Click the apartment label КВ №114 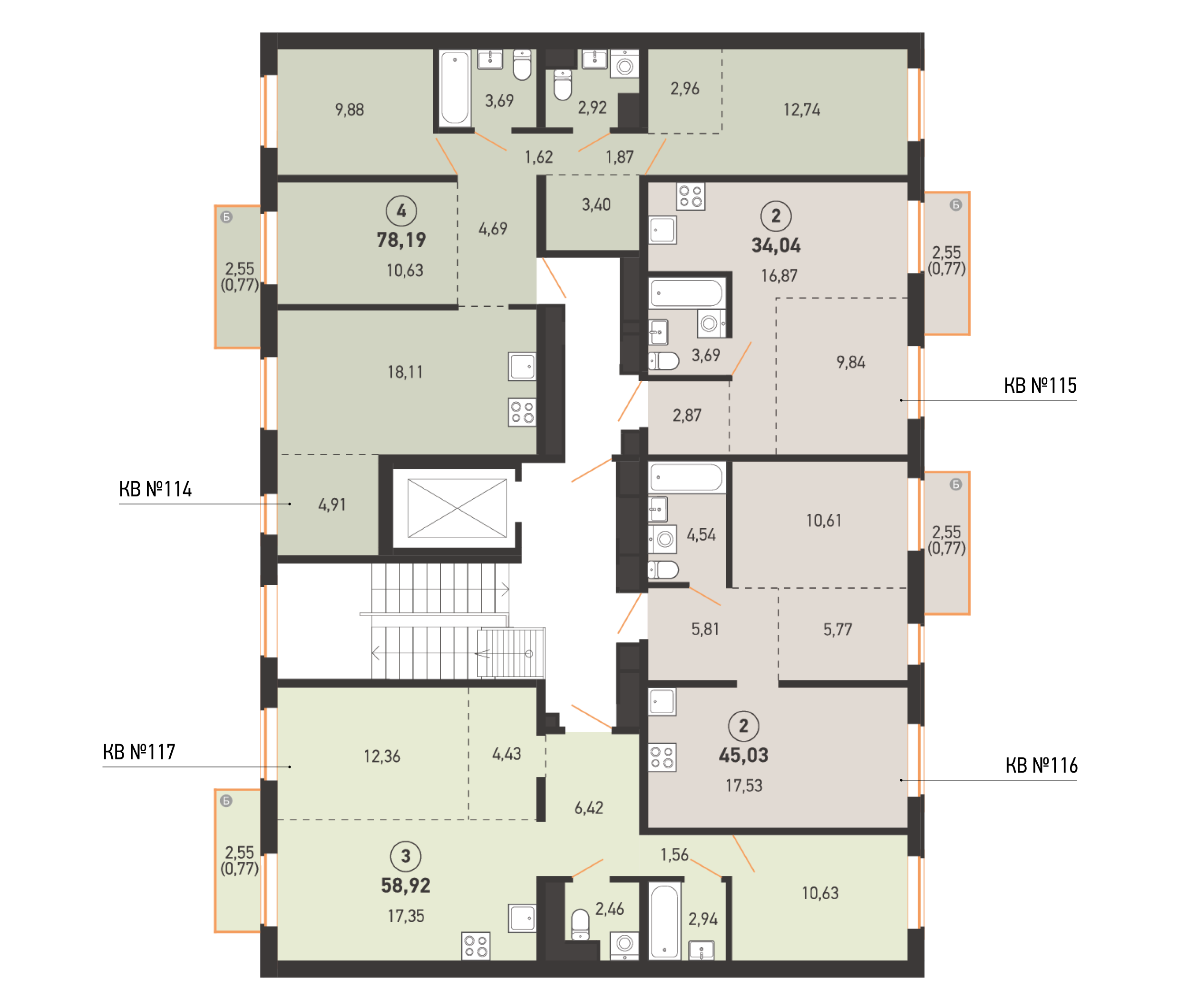point(156,489)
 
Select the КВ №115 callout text point(1040,386)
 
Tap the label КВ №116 point(1041,765)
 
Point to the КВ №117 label point(139,752)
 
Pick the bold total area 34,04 point(776,246)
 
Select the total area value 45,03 point(743,756)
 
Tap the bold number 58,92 point(406,886)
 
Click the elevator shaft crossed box point(457,508)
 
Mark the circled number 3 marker point(406,856)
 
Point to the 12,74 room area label point(802,110)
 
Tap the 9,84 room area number point(851,362)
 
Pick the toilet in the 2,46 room point(580,925)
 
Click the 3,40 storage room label point(596,204)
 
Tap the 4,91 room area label point(332,504)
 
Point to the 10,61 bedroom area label point(823,521)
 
